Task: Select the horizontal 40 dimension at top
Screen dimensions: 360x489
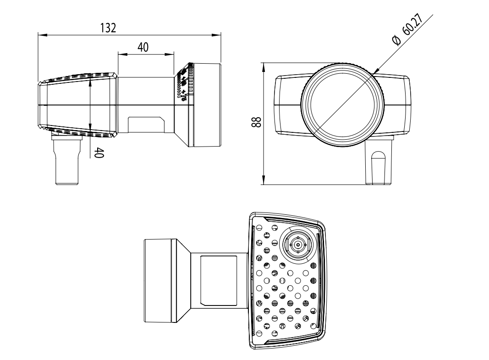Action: (143, 47)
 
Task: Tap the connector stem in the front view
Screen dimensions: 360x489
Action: (379, 162)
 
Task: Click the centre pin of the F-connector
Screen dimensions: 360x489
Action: (298, 245)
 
